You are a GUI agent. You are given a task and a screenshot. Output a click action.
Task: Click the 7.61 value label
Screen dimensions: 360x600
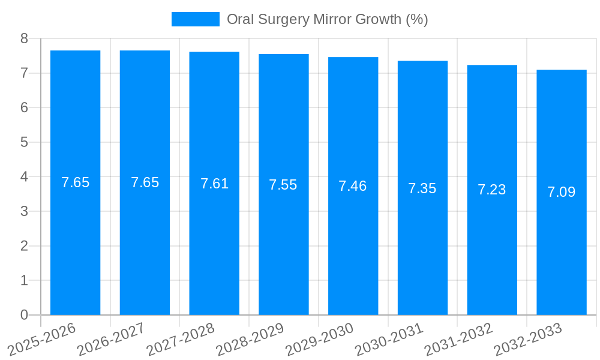click(x=214, y=184)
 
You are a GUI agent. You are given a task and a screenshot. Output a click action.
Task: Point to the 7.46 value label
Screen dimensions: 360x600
click(x=352, y=186)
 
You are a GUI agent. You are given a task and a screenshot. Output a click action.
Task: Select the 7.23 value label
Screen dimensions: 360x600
click(x=491, y=190)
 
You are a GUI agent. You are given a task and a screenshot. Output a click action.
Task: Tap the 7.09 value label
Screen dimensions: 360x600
click(x=561, y=192)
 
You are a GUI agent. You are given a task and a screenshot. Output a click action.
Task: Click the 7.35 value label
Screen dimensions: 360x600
click(x=422, y=188)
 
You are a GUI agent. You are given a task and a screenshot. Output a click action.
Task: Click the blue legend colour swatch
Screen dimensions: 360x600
click(x=195, y=19)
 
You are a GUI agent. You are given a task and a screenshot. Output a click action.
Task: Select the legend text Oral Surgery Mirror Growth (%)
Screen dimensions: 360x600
click(x=327, y=19)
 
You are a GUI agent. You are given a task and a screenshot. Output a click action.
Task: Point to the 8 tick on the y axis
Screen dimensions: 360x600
click(x=24, y=38)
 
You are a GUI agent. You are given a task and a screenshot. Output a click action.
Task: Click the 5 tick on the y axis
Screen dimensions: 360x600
click(x=24, y=142)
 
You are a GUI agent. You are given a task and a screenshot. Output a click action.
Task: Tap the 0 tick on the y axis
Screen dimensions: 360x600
click(x=24, y=315)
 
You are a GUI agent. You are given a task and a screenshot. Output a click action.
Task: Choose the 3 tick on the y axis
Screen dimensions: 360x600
click(x=24, y=211)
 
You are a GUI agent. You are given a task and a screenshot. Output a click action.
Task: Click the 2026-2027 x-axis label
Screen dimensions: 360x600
click(x=112, y=339)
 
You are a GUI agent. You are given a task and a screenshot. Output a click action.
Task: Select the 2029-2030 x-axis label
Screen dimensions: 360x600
click(x=320, y=339)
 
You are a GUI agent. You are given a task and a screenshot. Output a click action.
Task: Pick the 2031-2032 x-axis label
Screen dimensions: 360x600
click(x=459, y=339)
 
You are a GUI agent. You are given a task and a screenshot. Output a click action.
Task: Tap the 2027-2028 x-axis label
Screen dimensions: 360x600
click(x=181, y=339)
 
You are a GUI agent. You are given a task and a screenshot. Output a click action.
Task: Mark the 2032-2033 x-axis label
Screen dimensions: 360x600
click(x=528, y=339)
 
